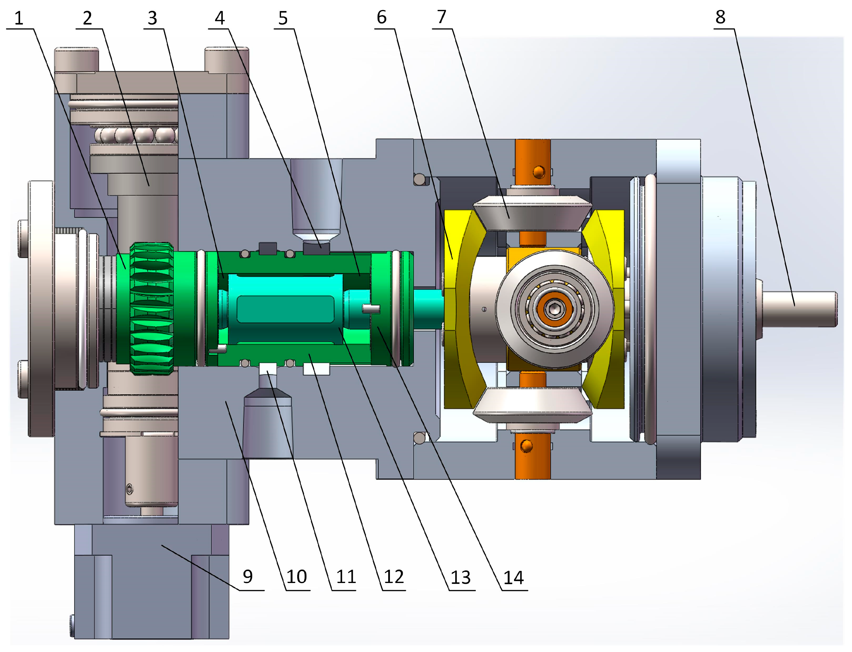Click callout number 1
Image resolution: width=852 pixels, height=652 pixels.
(x=19, y=18)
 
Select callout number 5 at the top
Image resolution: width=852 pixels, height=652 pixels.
(x=283, y=18)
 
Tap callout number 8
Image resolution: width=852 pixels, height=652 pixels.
(x=720, y=17)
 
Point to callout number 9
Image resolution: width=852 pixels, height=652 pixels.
(x=248, y=577)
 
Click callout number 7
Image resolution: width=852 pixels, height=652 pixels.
(x=442, y=17)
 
